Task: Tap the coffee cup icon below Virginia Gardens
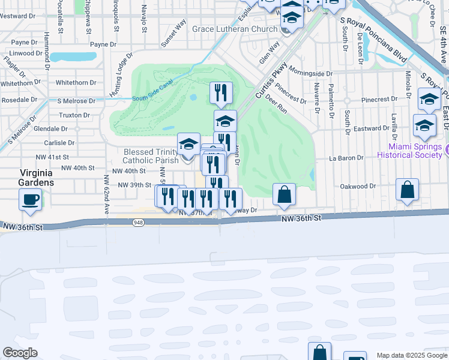29,200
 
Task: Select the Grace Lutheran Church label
235,29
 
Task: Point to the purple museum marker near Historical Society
447,148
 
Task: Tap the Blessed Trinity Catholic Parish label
151,156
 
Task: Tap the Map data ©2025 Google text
411,355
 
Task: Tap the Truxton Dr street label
74,115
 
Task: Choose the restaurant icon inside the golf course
221,93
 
